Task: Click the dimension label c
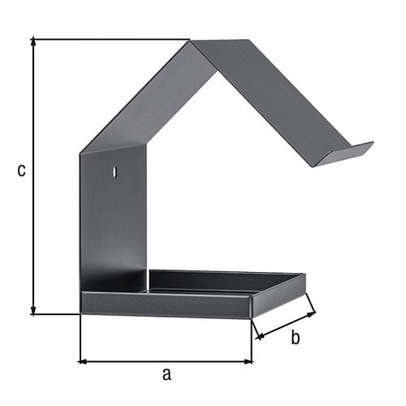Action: click(x=21, y=171)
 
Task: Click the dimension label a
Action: click(x=166, y=374)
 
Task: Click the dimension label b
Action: click(x=296, y=337)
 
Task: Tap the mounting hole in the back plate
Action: click(x=115, y=171)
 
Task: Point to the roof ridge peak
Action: click(x=190, y=41)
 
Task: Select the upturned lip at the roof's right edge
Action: click(x=345, y=153)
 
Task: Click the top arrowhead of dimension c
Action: click(x=33, y=41)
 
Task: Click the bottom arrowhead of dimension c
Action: click(x=33, y=311)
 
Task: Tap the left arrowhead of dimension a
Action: click(x=82, y=361)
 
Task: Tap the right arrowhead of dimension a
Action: click(x=248, y=361)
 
